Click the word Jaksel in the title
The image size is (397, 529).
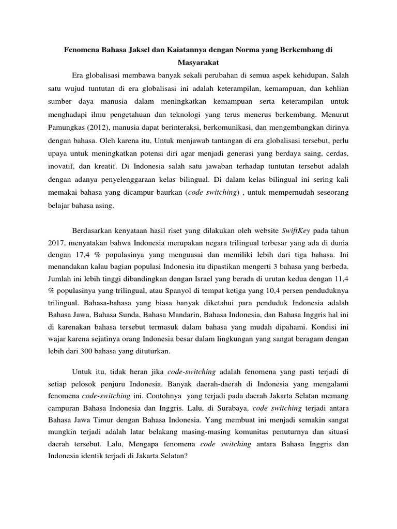[136, 51]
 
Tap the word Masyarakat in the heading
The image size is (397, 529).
[198, 64]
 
